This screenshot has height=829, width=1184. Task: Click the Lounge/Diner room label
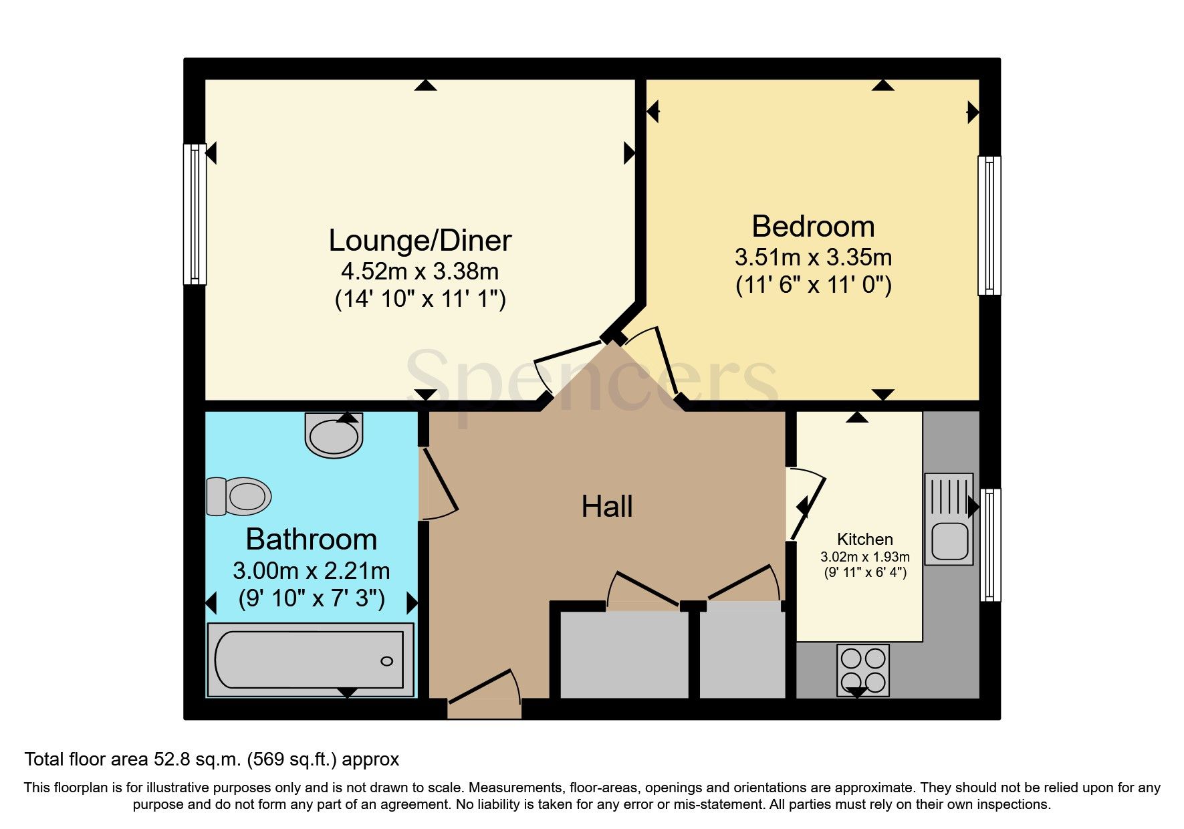pos(420,241)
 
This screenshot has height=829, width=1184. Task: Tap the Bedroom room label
pos(813,227)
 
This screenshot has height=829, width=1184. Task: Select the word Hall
pos(606,507)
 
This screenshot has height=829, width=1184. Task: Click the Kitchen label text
pos(864,539)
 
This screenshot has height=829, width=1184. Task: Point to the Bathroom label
pos(311,540)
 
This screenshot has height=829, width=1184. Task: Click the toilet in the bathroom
pos(238,497)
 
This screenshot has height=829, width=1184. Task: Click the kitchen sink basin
pos(949,541)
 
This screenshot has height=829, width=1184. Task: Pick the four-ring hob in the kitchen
pos(862,670)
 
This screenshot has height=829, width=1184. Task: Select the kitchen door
pos(808,505)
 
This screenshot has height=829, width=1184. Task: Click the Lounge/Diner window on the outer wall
pos(195,214)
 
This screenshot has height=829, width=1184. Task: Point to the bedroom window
pos(989,225)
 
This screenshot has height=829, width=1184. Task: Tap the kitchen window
pos(990,544)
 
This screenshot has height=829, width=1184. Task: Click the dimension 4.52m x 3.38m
pos(420,271)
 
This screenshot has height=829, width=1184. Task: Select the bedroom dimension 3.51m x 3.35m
pos(813,257)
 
